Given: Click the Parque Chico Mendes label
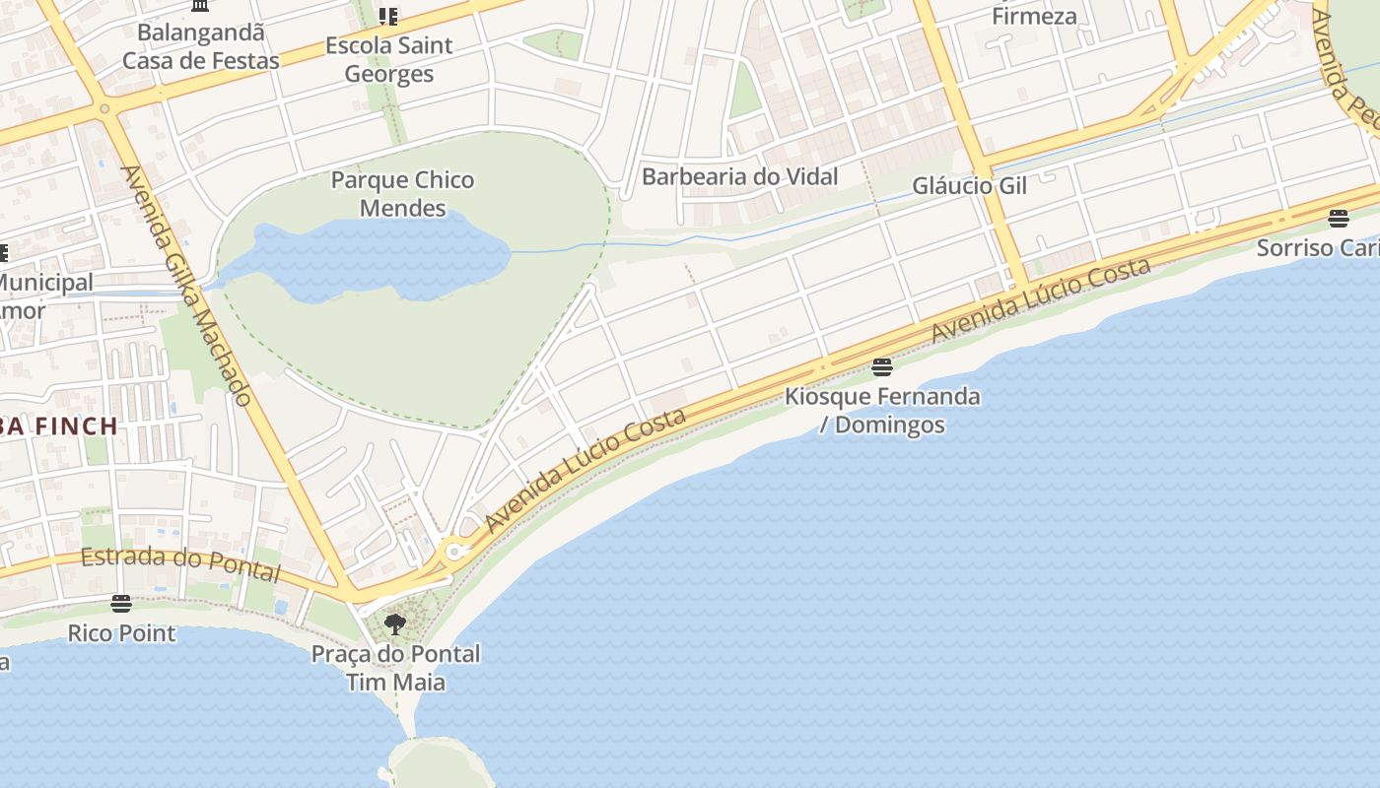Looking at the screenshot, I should [402, 194].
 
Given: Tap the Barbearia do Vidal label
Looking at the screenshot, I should [739, 177].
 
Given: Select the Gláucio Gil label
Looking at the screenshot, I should [969, 186].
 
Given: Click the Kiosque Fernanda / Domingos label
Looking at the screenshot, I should [882, 411].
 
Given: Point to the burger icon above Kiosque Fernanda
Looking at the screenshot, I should [882, 368].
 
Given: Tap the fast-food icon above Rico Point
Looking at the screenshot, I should [121, 603].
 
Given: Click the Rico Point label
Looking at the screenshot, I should [121, 633].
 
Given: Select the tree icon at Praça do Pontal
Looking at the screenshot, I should [395, 624].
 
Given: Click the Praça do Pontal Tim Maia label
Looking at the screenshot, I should [395, 668].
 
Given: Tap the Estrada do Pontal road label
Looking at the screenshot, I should [180, 563].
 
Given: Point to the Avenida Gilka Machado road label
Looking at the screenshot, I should [186, 286].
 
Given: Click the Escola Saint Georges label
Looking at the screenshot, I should [389, 60].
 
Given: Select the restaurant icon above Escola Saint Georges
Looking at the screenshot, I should [389, 17].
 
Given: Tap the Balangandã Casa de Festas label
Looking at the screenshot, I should [201, 46].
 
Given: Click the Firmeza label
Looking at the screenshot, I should [1034, 17].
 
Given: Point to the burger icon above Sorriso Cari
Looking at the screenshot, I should [1338, 218].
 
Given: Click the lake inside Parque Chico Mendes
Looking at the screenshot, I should [375, 258].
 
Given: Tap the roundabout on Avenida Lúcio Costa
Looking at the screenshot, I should [454, 552].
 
